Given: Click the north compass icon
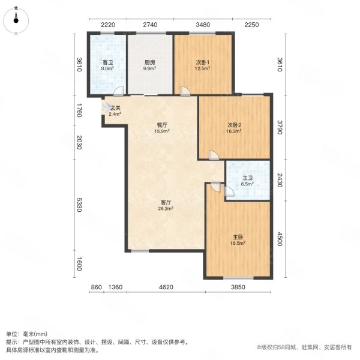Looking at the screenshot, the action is [16, 20].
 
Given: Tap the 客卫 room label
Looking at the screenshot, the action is [107, 62].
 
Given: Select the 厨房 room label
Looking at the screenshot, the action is [149, 62].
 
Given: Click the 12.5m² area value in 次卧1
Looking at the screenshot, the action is [203, 68].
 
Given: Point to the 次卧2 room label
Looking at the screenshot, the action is [234, 125].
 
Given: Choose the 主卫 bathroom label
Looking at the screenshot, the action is [247, 178].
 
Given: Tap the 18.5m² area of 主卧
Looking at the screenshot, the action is [238, 243].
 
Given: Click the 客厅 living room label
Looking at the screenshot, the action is [166, 203].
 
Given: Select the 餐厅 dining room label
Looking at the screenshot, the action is [162, 125].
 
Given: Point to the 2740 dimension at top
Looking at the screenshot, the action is [150, 25].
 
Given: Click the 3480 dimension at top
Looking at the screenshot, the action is [203, 25].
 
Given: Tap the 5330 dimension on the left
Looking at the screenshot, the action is [79, 205].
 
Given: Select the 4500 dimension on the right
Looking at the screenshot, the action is [280, 239].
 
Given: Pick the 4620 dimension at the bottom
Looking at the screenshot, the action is [166, 287].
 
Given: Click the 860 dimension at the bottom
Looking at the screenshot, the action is [97, 287].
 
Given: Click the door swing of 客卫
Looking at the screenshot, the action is [119, 91].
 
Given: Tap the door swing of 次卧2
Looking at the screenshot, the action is [214, 155].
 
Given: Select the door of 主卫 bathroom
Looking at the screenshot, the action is [229, 191].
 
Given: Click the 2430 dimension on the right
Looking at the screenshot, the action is [280, 180].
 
